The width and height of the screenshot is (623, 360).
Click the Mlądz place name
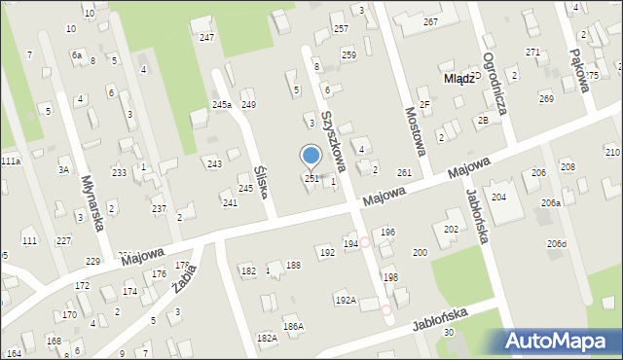[458, 79]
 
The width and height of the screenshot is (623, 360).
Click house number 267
[429, 21]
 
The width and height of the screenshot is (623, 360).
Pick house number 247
[206, 37]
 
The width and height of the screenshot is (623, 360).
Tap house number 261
[404, 172]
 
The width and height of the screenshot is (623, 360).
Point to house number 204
[498, 197]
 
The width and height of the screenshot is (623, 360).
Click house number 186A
[293, 326]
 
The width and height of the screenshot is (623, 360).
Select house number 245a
[222, 104]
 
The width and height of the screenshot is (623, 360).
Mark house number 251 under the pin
[311, 179]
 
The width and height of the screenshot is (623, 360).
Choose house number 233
[118, 172]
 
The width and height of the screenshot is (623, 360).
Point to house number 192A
[346, 301]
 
